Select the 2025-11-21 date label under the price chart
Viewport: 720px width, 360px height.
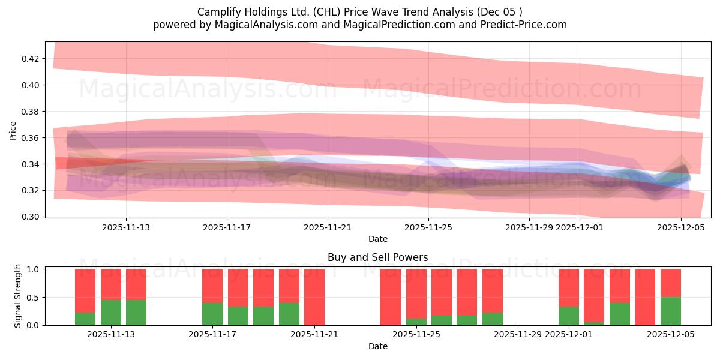point(327,227)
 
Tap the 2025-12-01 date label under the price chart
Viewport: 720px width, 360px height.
point(580,227)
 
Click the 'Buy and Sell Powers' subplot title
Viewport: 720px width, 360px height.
point(377,257)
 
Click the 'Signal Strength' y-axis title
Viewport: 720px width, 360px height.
point(18,296)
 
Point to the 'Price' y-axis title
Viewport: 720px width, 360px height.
point(13,130)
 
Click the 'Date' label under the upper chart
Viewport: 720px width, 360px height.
point(377,239)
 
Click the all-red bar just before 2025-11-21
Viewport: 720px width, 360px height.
point(314,297)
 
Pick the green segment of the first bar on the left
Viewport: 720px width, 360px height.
point(85,319)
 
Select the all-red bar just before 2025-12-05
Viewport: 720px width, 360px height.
point(645,297)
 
